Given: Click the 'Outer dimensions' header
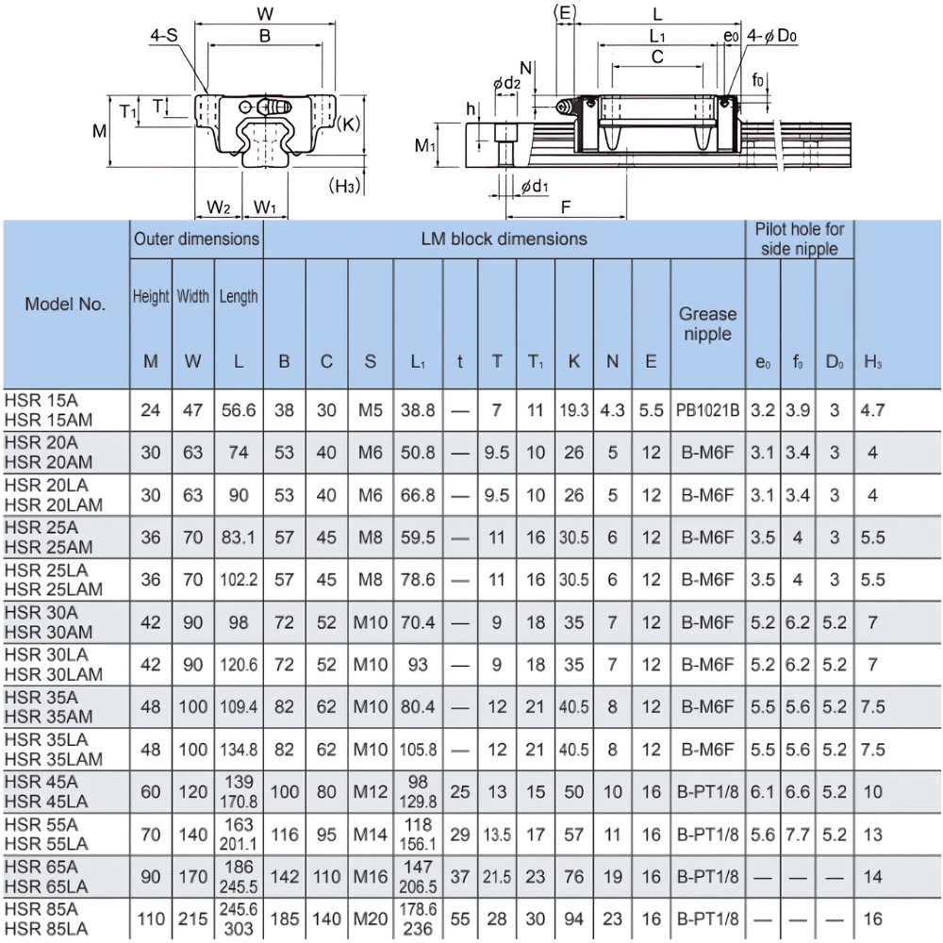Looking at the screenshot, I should click(196, 240).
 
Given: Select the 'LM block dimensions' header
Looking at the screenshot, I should click(504, 240).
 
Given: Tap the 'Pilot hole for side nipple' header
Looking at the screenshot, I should click(800, 239).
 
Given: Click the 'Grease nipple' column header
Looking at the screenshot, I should click(707, 323).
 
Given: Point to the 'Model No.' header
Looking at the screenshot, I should click(65, 304).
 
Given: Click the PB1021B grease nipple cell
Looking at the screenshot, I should click(707, 410).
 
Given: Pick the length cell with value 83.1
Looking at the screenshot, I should click(239, 538).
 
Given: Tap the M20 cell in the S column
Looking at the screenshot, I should click(370, 918).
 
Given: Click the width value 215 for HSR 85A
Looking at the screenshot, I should click(192, 918).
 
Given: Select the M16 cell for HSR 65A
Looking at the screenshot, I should click(370, 876).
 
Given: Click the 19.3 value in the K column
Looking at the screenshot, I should click(573, 410).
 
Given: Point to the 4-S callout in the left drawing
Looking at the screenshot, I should click(163, 36).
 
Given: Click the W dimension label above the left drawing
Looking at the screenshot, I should click(265, 13).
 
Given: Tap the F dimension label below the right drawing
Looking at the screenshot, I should click(565, 205).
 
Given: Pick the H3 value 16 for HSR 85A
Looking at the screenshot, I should click(872, 918).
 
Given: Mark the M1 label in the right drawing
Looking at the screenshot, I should click(426, 146).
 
